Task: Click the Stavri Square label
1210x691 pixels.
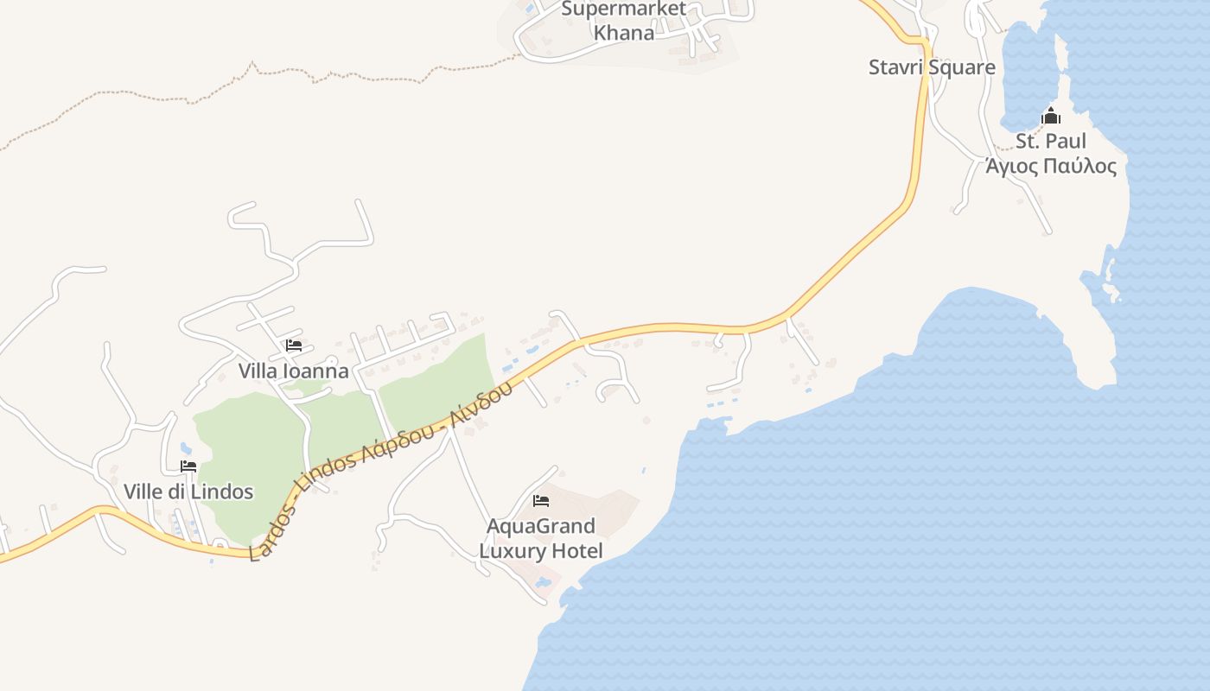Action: coord(932,67)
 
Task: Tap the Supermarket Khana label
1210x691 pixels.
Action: coord(623,21)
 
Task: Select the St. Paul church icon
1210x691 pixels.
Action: coord(1051,116)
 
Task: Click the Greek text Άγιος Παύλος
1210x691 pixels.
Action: coord(1051,166)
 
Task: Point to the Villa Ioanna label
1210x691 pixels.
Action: coord(294,371)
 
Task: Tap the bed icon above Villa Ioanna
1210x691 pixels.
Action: coord(294,345)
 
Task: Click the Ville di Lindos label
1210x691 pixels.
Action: coord(188,491)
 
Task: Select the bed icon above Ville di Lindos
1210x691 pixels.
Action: coord(188,466)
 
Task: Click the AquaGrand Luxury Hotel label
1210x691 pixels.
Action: coord(541,538)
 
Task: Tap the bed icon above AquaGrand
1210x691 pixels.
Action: coord(541,500)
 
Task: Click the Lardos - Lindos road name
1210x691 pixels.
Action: coord(380,471)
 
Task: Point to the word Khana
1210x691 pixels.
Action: coord(623,33)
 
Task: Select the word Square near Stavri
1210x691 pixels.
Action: coord(962,67)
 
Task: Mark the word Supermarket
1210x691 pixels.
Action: coord(623,10)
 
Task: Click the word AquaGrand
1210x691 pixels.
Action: coord(541,526)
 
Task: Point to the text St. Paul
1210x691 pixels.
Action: coord(1051,141)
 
